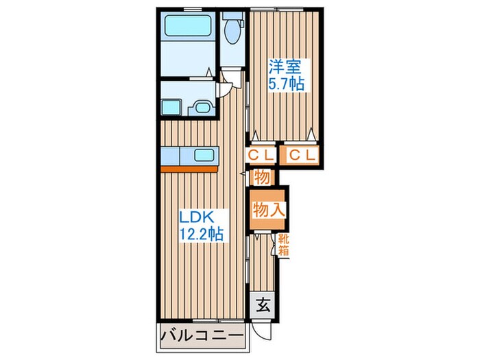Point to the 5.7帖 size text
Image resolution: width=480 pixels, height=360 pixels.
click(x=286, y=84)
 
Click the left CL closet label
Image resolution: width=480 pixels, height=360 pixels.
click(x=261, y=156)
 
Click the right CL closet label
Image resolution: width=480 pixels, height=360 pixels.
click(x=302, y=156)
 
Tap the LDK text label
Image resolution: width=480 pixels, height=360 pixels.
click(x=198, y=217)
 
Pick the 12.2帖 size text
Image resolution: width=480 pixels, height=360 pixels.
click(x=201, y=232)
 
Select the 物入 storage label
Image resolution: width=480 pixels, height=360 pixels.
click(x=268, y=210)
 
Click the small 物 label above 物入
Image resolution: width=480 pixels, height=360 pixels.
click(x=261, y=177)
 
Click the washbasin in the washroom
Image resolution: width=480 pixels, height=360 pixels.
click(x=202, y=108)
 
